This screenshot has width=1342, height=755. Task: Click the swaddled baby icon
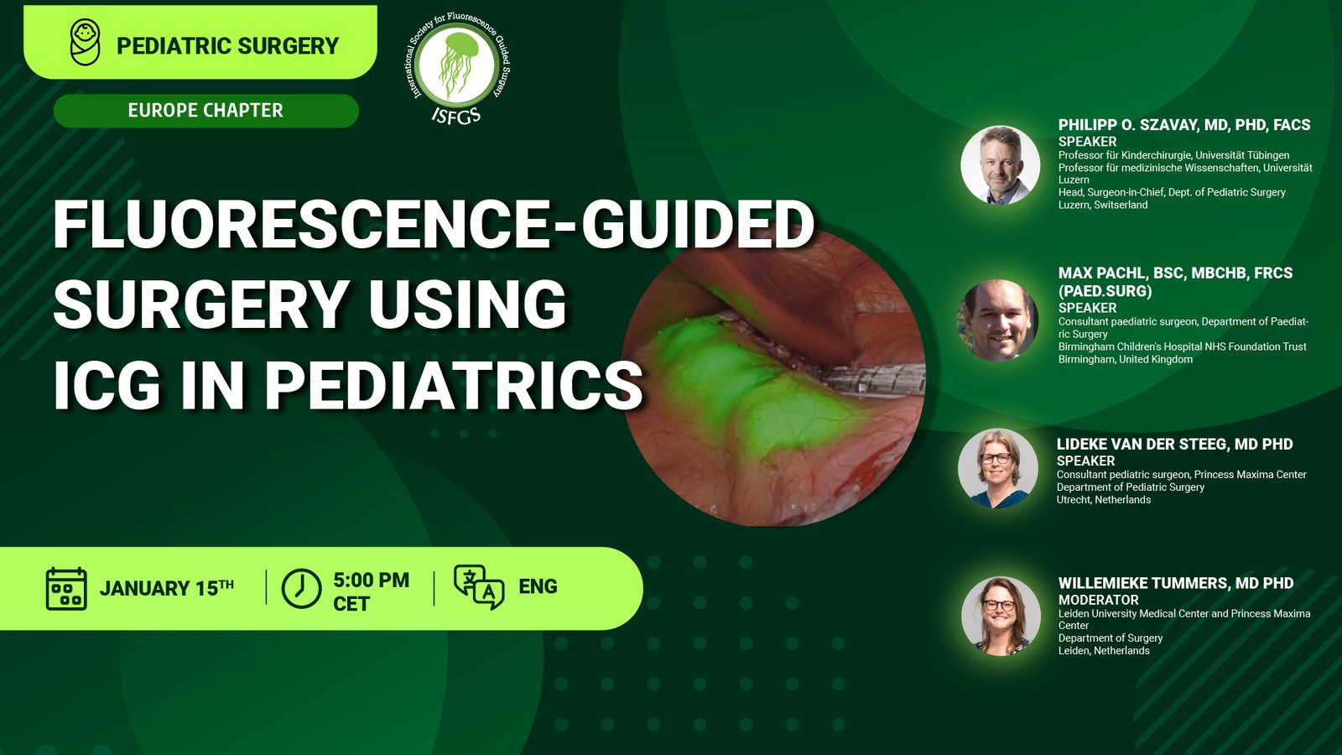(85, 42)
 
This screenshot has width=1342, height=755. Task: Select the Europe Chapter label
(205, 110)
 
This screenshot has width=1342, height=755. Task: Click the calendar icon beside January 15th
(66, 589)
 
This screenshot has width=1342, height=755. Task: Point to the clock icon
(301, 588)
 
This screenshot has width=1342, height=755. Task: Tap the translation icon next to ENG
(479, 587)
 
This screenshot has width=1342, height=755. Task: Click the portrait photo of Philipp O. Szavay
(1000, 164)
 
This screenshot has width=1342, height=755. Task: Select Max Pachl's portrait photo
(998, 320)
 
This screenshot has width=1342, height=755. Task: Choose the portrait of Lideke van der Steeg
(997, 469)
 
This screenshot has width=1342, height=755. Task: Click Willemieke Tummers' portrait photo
(1001, 616)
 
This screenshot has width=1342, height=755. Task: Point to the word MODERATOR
(1098, 600)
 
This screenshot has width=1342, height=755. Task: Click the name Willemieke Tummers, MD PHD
(1175, 583)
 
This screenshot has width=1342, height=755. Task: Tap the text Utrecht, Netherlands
(1104, 500)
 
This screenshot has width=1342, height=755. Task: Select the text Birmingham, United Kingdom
(1125, 360)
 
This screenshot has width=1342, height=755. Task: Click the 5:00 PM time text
(372, 580)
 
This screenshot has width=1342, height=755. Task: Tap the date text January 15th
(167, 588)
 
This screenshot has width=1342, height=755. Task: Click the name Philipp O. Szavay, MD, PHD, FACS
(1183, 125)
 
